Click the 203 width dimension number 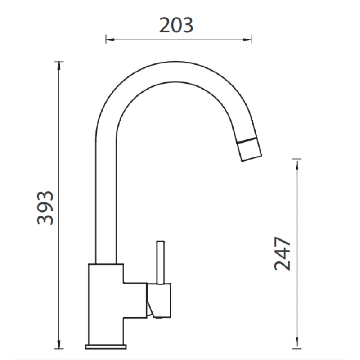(176, 25)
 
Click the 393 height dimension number (45, 208)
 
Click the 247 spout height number (283, 253)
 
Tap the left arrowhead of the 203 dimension (110, 40)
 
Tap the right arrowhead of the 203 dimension (247, 40)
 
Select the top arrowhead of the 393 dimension (59, 66)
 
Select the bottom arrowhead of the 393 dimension (59, 344)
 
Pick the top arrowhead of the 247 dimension (297, 165)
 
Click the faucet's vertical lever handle (161, 262)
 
